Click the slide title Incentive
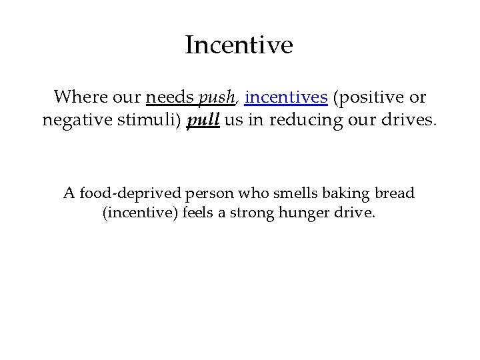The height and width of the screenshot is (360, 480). click(x=239, y=45)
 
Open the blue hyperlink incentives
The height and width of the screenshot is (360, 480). click(x=286, y=97)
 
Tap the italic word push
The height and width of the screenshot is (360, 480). click(x=217, y=98)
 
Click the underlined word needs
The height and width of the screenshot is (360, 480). click(x=170, y=97)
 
